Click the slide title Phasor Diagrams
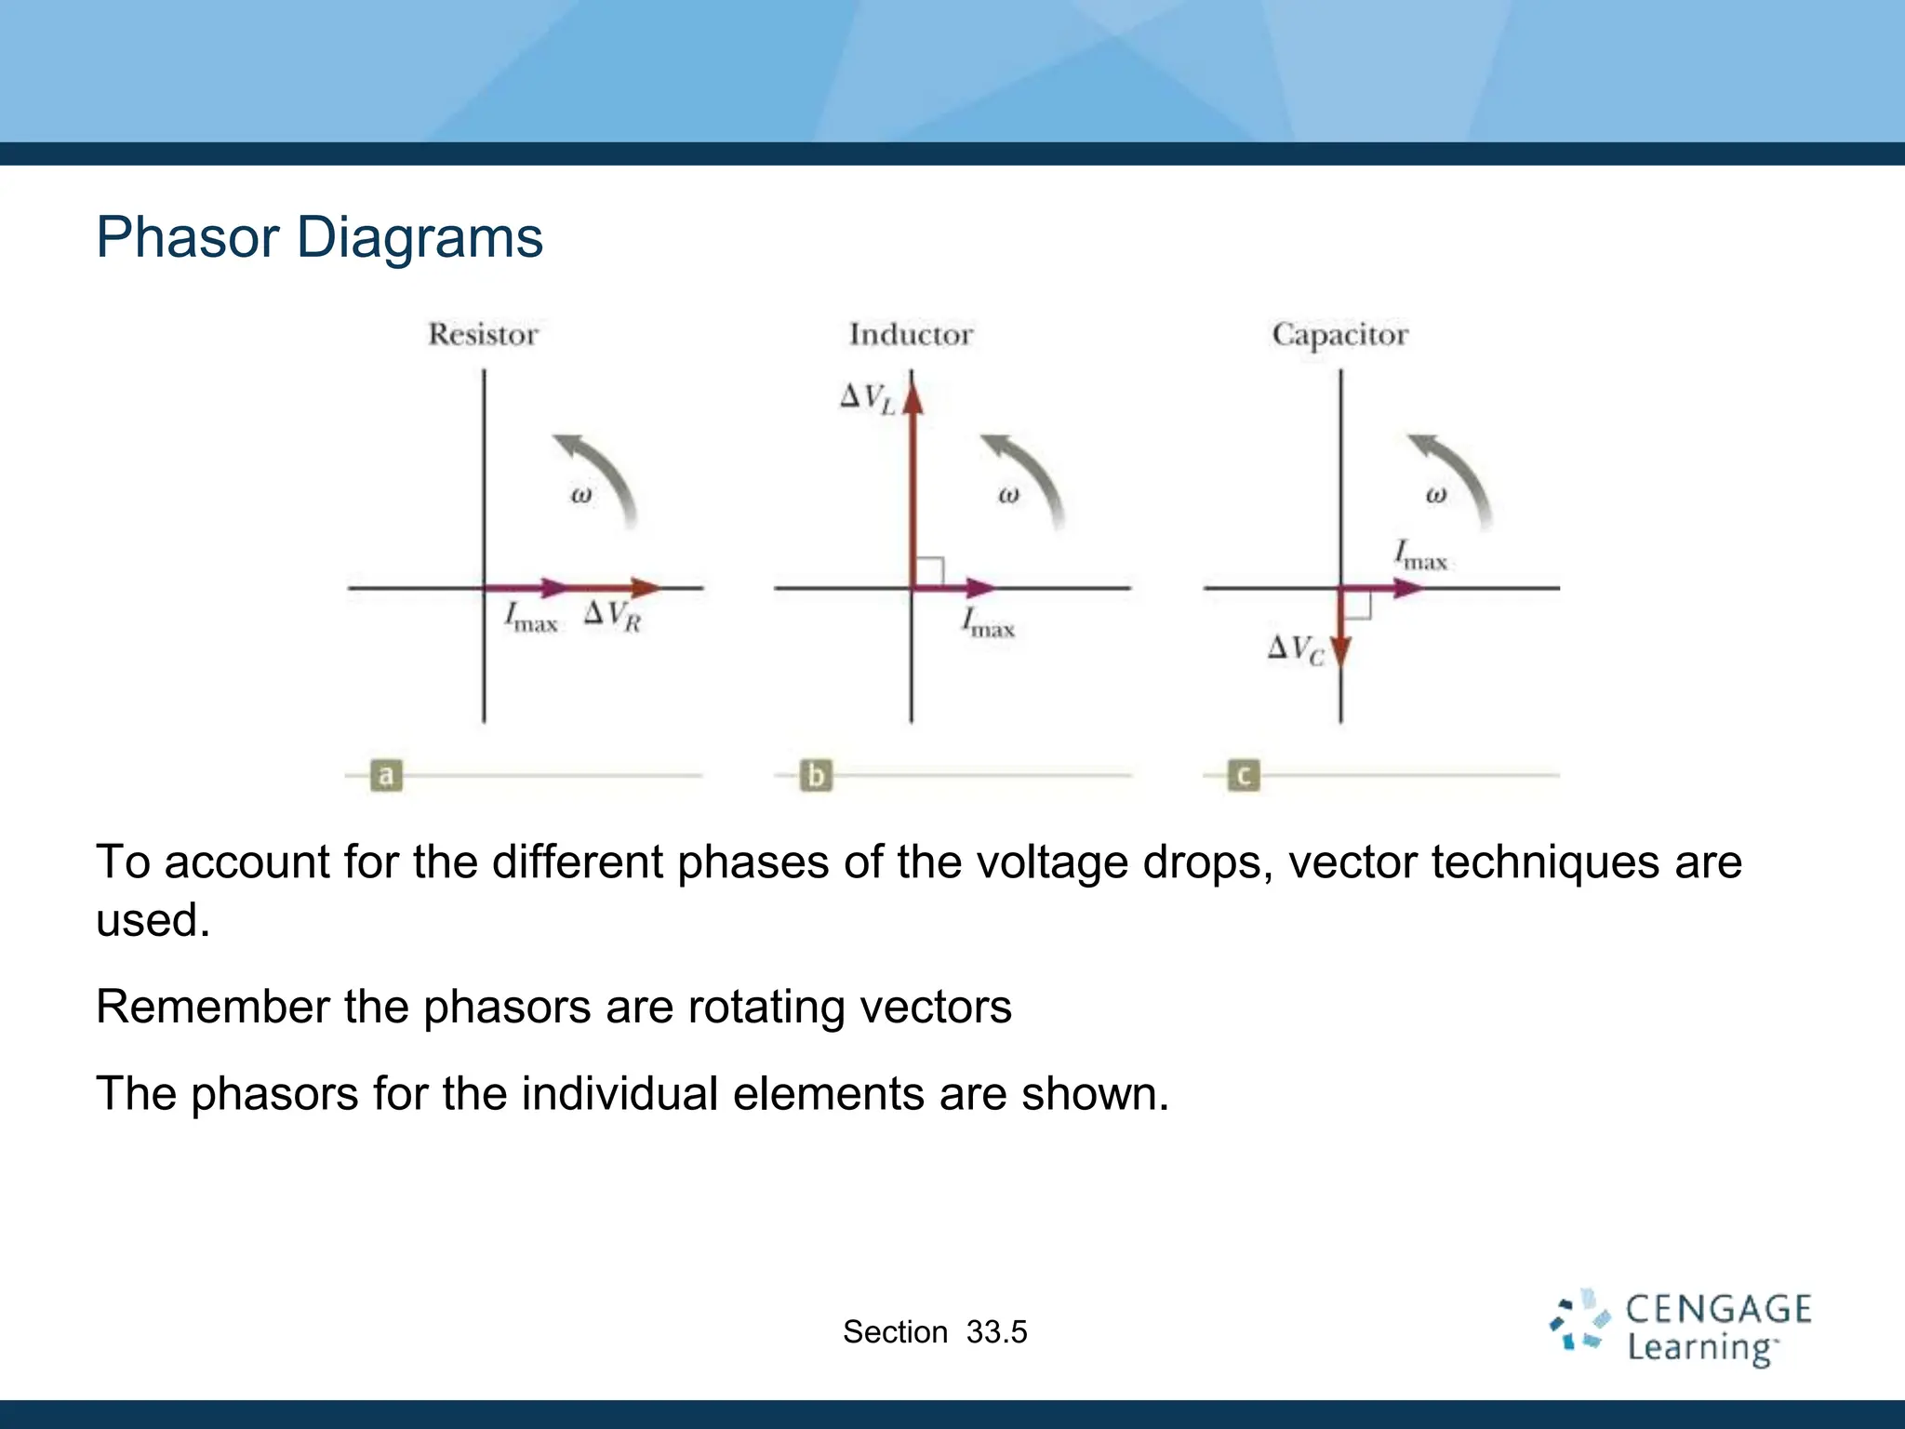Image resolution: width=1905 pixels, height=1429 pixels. point(319,237)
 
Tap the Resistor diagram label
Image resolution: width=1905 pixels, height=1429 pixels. point(483,334)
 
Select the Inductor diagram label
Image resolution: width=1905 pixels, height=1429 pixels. point(911,334)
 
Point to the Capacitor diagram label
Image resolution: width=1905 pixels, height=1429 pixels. point(1339,334)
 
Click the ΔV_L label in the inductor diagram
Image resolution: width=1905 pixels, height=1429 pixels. point(867,398)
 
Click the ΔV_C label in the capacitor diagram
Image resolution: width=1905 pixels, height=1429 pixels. point(1296,649)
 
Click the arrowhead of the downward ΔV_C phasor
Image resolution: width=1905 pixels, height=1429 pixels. point(1340,651)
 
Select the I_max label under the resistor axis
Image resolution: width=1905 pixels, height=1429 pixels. point(530,618)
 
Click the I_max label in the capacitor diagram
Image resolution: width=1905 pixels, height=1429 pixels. point(1420,555)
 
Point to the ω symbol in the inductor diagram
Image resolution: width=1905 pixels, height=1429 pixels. point(1008,495)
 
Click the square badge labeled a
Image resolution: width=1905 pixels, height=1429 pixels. point(386,775)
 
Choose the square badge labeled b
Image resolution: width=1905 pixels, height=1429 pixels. point(816,775)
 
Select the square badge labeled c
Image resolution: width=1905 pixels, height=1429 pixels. point(1244,775)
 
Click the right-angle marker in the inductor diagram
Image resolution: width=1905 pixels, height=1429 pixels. point(929,571)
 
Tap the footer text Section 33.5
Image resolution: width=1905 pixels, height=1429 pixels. point(935,1332)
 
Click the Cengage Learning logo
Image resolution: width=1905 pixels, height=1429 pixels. point(1679,1328)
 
